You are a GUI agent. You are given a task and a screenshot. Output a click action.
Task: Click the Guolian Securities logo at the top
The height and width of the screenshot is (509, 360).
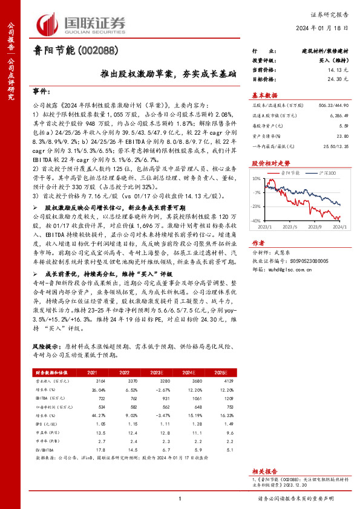pos(82,23)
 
